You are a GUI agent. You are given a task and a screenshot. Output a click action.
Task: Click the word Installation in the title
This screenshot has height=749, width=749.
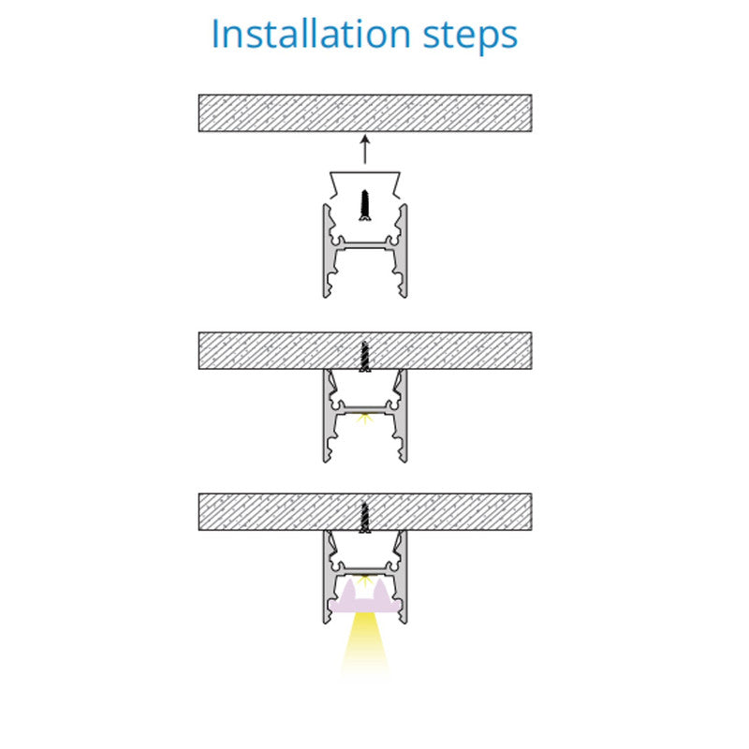pyautogui.click(x=311, y=34)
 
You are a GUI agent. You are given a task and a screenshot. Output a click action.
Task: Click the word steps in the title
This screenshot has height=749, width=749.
pyautogui.click(x=471, y=37)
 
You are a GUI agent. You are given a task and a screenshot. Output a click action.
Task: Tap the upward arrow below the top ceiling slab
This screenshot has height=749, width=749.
pyautogui.click(x=365, y=150)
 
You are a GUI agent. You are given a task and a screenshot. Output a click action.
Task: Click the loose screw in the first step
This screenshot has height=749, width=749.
pyautogui.click(x=365, y=206)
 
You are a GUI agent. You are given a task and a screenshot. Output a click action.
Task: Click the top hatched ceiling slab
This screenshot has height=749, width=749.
pyautogui.click(x=365, y=113)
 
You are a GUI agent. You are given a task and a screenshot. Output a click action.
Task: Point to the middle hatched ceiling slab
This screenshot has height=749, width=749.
pyautogui.click(x=365, y=350)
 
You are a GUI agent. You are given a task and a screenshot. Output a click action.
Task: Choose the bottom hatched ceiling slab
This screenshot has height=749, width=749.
pyautogui.click(x=365, y=511)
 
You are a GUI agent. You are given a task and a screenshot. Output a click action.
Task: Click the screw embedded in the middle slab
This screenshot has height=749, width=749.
pyautogui.click(x=365, y=357)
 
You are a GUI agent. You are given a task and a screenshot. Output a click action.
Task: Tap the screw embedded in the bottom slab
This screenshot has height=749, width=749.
pyautogui.click(x=365, y=518)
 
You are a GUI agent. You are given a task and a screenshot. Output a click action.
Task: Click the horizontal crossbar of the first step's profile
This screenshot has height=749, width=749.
pyautogui.click(x=365, y=245)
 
